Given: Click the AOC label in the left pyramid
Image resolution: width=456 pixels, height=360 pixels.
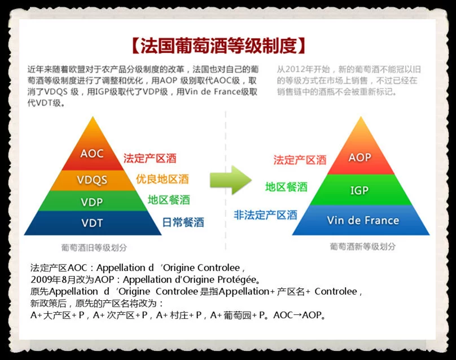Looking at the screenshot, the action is (92, 153).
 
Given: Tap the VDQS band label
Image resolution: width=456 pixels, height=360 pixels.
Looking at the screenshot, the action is (92, 179).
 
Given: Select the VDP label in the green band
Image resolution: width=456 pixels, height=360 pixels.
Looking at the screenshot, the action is (92, 202).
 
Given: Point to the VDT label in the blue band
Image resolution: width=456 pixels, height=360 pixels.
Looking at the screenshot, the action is (92, 223).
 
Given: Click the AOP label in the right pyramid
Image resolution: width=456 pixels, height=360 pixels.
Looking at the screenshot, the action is (359, 157).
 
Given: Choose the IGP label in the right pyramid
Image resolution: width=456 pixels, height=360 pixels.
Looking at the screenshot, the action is (359, 191).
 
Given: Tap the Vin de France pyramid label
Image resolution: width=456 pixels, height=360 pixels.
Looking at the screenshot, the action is (363, 220).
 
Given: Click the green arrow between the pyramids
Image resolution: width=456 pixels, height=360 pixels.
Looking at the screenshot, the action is (231, 180).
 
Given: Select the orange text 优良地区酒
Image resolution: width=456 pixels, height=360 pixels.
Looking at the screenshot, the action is (163, 179).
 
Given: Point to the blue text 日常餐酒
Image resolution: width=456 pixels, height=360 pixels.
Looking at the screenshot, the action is (183, 222).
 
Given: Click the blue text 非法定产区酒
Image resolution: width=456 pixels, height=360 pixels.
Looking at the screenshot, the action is (265, 215).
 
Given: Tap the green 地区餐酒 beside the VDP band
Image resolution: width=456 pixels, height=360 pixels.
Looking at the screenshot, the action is (169, 200).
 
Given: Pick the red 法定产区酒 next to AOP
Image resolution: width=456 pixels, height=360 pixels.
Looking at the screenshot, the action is (300, 160).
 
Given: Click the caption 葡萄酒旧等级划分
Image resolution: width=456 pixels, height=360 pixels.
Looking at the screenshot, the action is (94, 248).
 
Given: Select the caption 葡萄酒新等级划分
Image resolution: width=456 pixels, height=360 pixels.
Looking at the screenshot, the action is (363, 247).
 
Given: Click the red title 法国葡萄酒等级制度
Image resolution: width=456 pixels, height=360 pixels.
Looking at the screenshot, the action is (218, 46).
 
